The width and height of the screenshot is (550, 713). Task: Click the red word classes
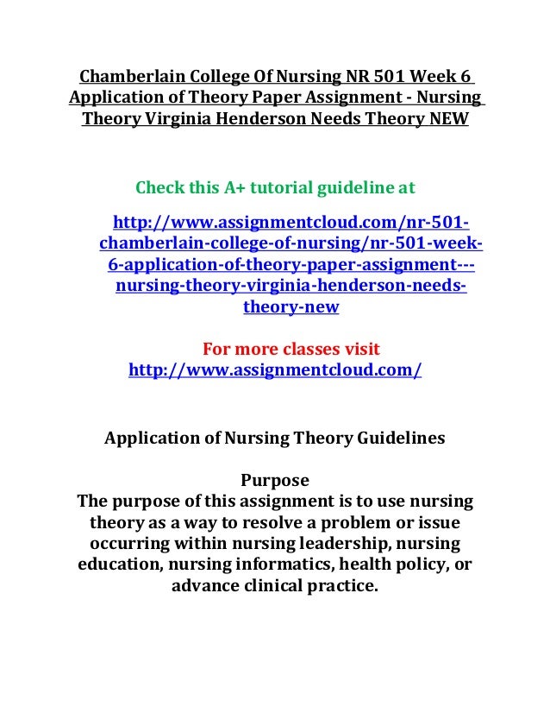click(300, 350)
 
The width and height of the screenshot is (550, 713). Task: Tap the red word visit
click(356, 350)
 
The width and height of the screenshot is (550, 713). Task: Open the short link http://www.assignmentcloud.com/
click(275, 372)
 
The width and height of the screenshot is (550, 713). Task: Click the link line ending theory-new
click(291, 307)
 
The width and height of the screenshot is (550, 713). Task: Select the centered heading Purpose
click(274, 479)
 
